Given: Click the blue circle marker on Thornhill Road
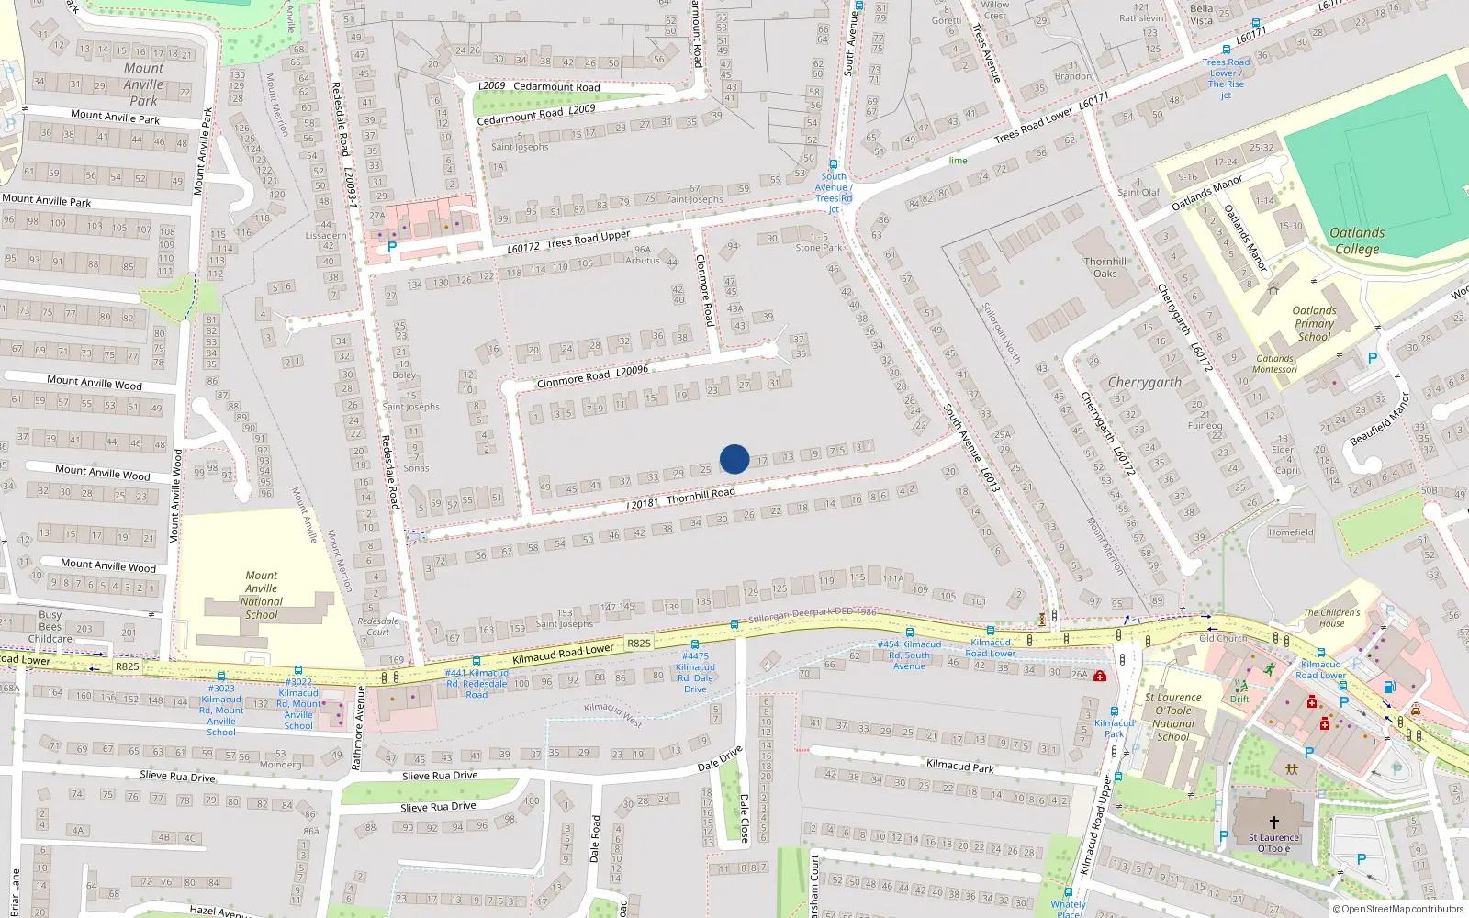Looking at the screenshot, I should (734, 459).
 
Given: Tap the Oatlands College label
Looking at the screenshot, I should (1357, 241).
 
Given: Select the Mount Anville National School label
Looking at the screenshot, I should (262, 595).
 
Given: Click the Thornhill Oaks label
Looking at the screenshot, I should (1105, 267).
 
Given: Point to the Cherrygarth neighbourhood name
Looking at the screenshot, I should (1144, 382).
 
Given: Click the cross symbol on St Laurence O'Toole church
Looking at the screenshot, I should (1273, 822).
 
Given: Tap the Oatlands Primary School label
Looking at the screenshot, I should (1314, 323).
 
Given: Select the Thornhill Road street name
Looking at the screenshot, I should (701, 496).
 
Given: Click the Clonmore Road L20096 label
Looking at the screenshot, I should (592, 375).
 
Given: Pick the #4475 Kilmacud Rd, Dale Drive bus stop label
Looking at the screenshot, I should (695, 673).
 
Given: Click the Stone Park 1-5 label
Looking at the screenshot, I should (818, 242).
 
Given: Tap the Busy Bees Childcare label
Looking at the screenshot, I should (50, 627).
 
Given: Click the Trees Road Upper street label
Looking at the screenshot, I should (588, 240).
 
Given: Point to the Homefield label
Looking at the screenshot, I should (1290, 532).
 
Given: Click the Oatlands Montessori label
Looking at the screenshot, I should (1274, 364).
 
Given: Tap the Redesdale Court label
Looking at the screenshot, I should (377, 626).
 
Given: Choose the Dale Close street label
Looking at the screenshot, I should (744, 817).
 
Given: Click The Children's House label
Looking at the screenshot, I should (1331, 618).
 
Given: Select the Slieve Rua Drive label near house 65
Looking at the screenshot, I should (177, 777).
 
